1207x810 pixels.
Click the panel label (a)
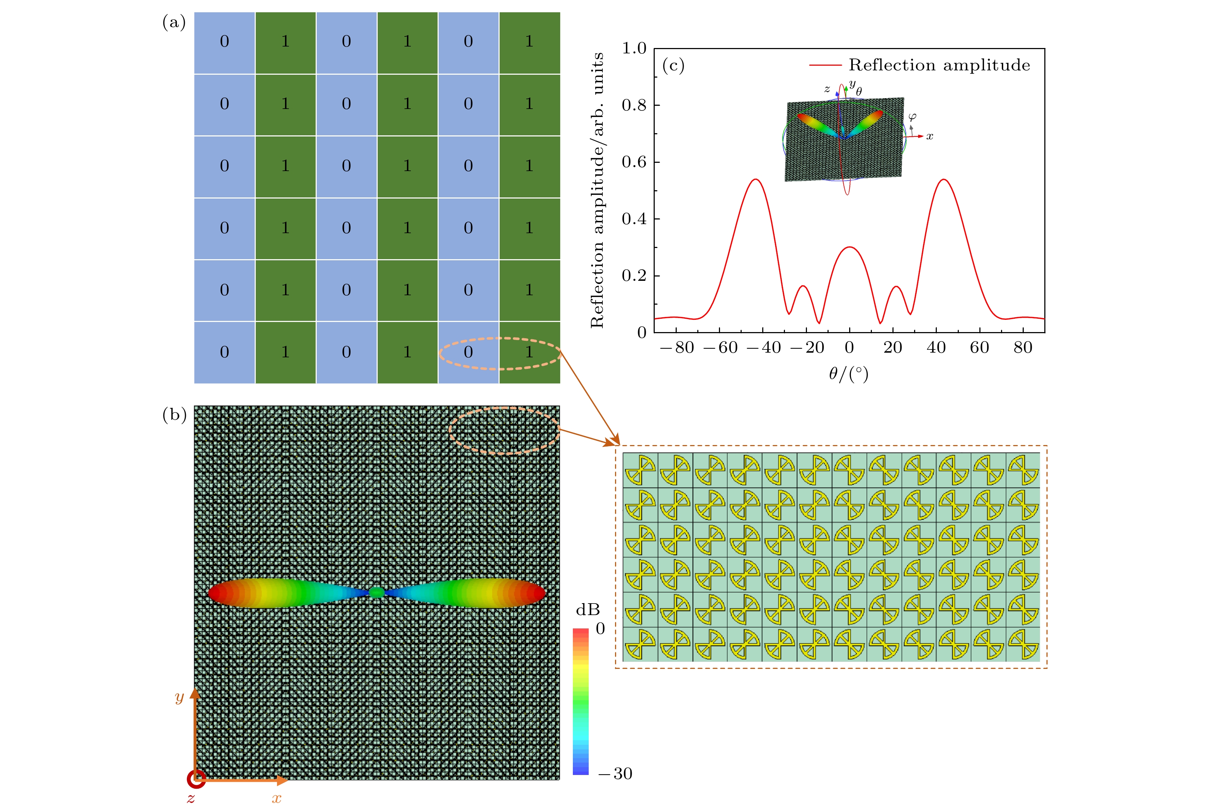[x=174, y=23]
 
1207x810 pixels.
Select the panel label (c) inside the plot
[x=673, y=66]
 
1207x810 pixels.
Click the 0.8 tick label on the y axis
[x=633, y=105]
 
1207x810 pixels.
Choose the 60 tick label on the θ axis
[x=979, y=348]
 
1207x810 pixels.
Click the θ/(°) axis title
[x=849, y=374]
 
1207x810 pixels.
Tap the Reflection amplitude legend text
[x=939, y=65]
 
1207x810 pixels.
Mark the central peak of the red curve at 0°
[x=849, y=248]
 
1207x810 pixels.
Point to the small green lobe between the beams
[x=377, y=592]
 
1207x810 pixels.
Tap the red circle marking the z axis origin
[x=196, y=780]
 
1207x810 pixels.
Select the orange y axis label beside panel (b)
[x=179, y=697]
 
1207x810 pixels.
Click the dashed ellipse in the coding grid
[x=500, y=353]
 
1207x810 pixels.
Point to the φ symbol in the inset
[x=912, y=117]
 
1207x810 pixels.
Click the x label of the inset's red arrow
[x=930, y=136]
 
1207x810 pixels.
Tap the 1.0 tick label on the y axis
[x=633, y=49]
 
